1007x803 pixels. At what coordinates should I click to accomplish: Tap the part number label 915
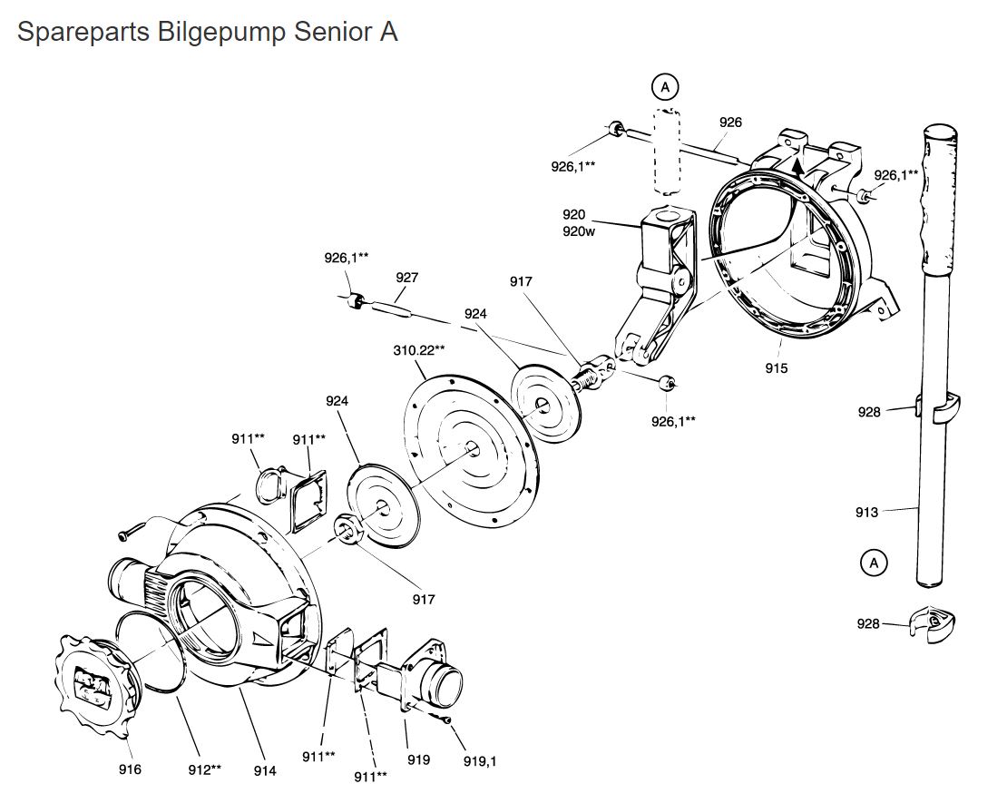(x=777, y=367)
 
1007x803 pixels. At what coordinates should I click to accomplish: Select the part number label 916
(x=130, y=769)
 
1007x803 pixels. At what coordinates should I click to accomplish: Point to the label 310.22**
(x=419, y=349)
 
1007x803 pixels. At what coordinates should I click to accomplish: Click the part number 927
(x=406, y=278)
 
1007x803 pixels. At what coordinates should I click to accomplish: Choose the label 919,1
(x=480, y=760)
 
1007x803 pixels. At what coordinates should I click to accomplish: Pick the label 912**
(x=204, y=769)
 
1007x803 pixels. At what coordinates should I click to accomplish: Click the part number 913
(x=866, y=512)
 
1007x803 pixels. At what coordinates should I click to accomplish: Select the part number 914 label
(x=265, y=770)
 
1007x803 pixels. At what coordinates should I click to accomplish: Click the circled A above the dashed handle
(x=665, y=87)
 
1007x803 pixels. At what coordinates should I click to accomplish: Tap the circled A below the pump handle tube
(x=874, y=563)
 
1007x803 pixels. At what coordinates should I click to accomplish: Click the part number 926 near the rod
(x=730, y=122)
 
